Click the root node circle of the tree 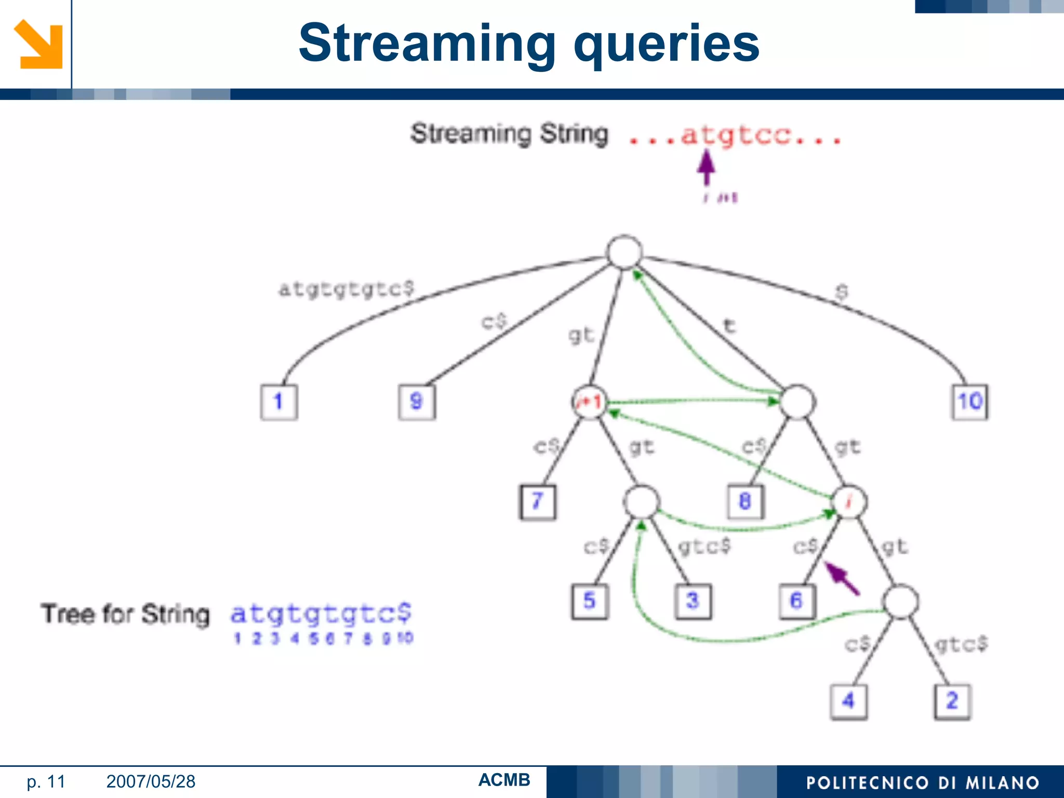[x=624, y=252]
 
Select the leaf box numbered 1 [x=279, y=402]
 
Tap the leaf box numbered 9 [x=417, y=402]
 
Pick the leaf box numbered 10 [x=969, y=402]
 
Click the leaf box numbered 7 [x=538, y=502]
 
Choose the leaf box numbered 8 [x=745, y=502]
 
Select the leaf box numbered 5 [x=590, y=601]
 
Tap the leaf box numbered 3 [x=693, y=601]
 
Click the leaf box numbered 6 [x=797, y=601]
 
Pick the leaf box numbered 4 [x=848, y=701]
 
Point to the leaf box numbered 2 [x=952, y=701]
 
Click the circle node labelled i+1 [x=589, y=402]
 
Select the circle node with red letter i [x=849, y=502]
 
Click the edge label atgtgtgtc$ [x=347, y=289]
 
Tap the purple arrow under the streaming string [x=706, y=166]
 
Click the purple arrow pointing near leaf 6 [x=842, y=578]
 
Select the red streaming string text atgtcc [x=736, y=136]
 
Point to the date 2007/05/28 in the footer [x=151, y=781]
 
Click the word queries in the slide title [x=666, y=44]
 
